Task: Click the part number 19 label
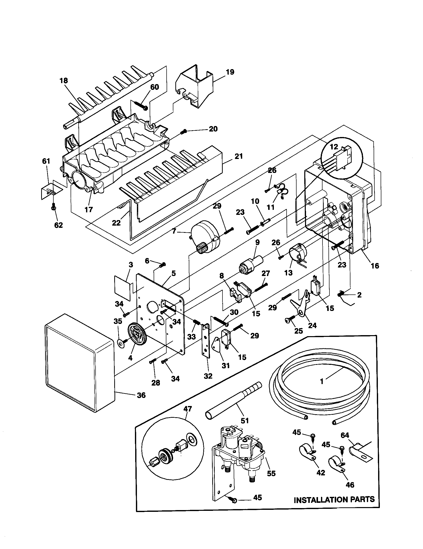(230, 72)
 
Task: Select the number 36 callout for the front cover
(141, 395)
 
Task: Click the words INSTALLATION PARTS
(334, 499)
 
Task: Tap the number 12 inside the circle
(334, 147)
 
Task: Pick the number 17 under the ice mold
(89, 209)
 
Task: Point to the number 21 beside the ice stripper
(239, 156)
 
